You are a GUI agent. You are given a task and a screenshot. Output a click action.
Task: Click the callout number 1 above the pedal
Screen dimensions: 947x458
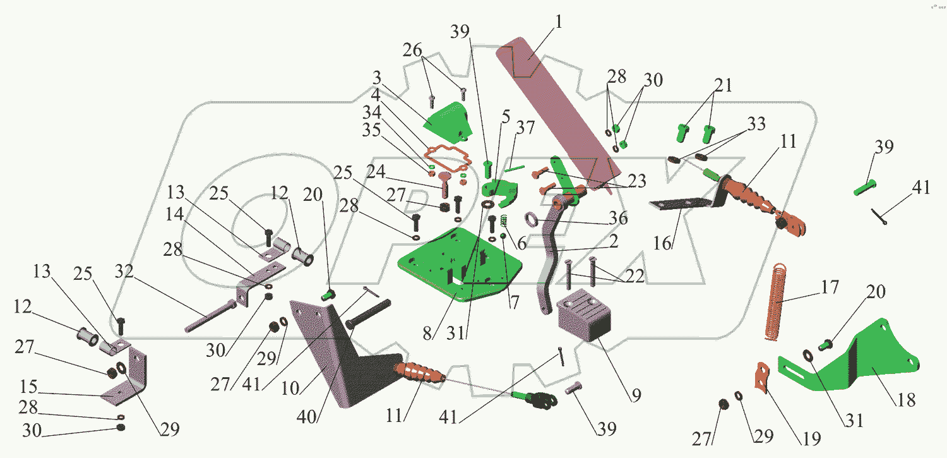pyautogui.click(x=559, y=21)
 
